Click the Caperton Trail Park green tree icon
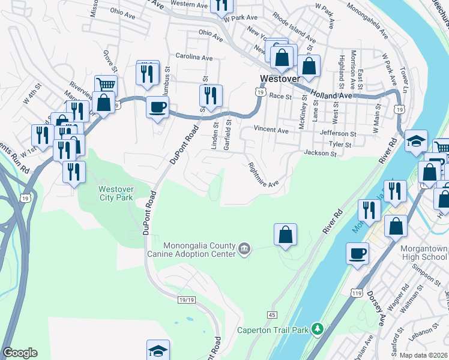319,328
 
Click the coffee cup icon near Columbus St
157,107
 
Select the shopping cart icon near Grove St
106,84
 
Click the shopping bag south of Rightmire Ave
286,234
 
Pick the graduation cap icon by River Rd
416,141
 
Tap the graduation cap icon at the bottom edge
158,350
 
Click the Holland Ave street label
331,95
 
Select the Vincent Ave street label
271,130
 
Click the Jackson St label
320,154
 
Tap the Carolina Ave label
194,58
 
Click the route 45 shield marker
272,315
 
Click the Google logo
20,353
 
